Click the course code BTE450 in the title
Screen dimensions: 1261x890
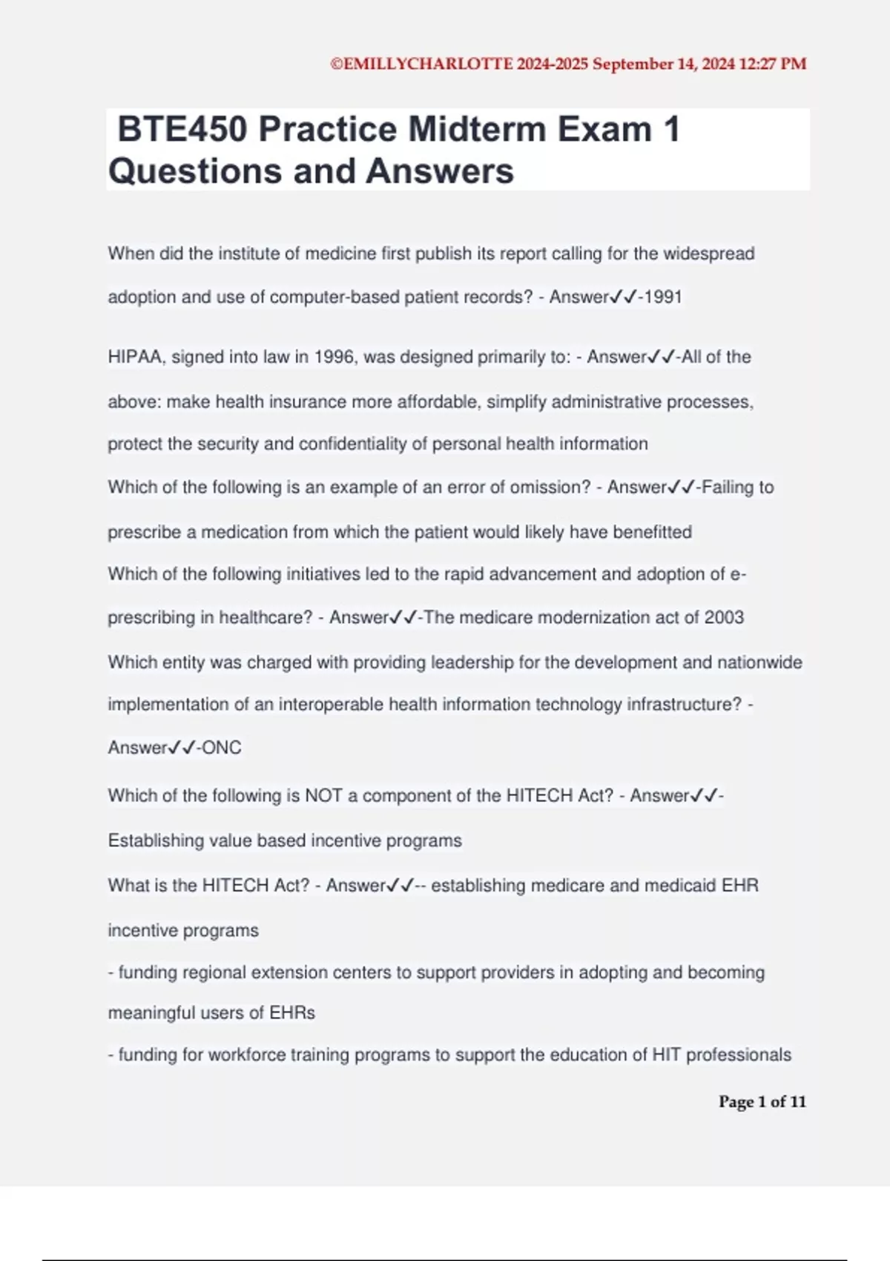[x=182, y=130]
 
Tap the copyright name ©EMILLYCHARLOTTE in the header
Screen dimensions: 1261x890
[x=421, y=64]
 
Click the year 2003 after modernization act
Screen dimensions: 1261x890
[x=724, y=618]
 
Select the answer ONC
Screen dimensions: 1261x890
[x=222, y=748]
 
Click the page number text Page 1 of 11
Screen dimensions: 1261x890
[x=762, y=1102]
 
